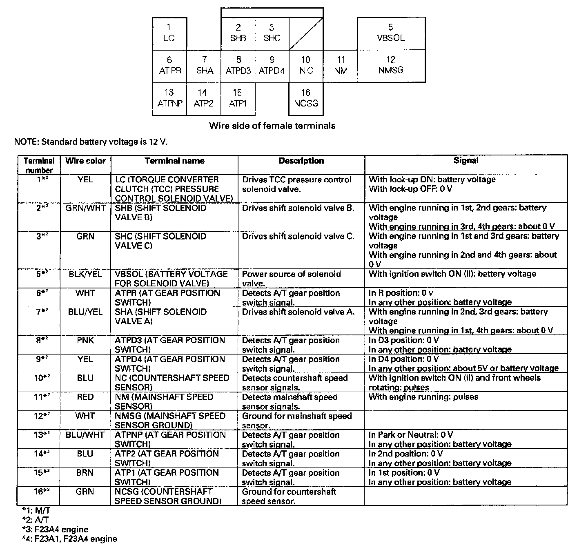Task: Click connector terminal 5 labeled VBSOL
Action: coord(391,33)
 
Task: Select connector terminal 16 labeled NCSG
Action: coord(306,99)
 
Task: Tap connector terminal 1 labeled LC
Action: coord(169,33)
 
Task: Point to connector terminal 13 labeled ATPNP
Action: coord(169,99)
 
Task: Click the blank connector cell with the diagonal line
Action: coord(306,33)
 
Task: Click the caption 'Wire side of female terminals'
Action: coord(272,126)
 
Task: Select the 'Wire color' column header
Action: coord(85,161)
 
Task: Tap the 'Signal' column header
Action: coord(466,161)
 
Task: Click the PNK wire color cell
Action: coord(85,340)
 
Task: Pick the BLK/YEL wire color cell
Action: coord(85,274)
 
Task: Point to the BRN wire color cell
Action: coord(85,473)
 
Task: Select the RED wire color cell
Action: coord(85,397)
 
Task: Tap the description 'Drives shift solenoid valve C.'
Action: coord(298,237)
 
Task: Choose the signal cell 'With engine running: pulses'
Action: coord(423,397)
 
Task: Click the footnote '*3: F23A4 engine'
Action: coord(55,530)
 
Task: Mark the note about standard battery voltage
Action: coord(91,142)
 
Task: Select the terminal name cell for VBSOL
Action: coord(171,279)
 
